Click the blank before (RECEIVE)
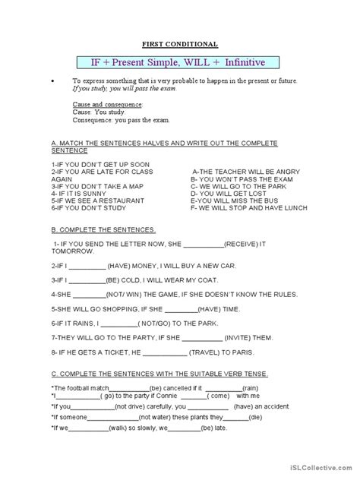click(x=204, y=245)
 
